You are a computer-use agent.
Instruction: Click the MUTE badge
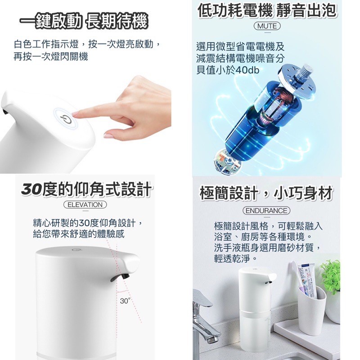pyautogui.click(x=266, y=26)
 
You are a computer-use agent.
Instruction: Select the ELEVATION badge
pyautogui.click(x=85, y=205)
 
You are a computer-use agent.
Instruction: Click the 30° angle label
pyautogui.click(x=125, y=301)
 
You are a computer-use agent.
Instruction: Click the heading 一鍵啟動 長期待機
pyautogui.click(x=85, y=22)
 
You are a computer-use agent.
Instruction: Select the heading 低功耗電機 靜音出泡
pyautogui.click(x=267, y=10)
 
